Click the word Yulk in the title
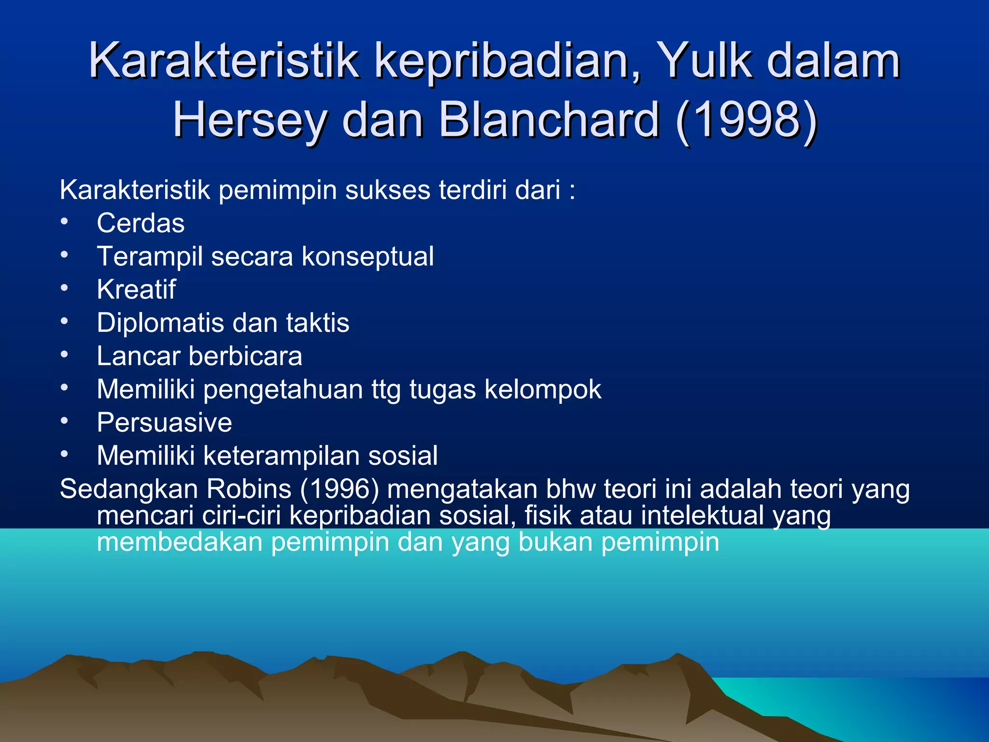tap(705, 61)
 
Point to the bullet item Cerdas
tap(141, 223)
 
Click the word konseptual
tap(367, 257)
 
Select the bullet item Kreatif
tap(136, 290)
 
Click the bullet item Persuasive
tap(164, 423)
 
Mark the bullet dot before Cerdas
tap(64, 222)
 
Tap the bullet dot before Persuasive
tap(64, 421)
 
